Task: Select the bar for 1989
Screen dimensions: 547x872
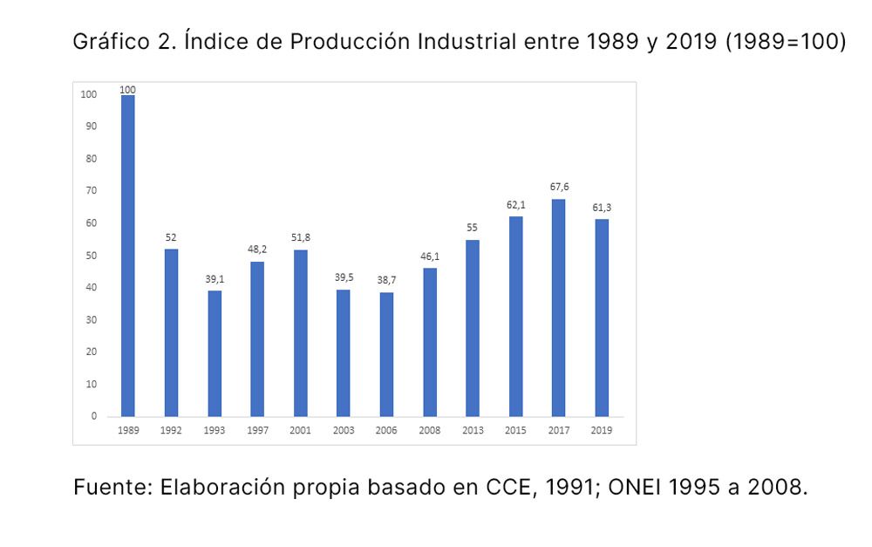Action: point(127,256)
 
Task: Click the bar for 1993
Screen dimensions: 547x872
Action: point(215,353)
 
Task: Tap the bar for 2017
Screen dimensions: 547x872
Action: point(558,308)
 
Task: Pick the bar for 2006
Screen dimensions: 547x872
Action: point(386,354)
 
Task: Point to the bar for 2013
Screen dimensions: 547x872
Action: point(473,328)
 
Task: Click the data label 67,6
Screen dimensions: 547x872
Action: point(559,187)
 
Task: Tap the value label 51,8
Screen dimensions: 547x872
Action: point(301,237)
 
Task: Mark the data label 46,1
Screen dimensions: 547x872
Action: point(430,256)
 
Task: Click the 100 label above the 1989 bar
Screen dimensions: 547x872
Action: point(127,89)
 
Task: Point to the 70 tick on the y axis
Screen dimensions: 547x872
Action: point(91,190)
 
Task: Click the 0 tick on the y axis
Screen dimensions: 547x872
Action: point(93,416)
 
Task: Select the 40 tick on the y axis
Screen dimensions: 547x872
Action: point(91,287)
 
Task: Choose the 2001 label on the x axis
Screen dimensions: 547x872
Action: point(301,431)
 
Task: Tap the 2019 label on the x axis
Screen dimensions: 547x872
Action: point(602,431)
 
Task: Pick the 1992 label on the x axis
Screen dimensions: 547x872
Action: point(171,431)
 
